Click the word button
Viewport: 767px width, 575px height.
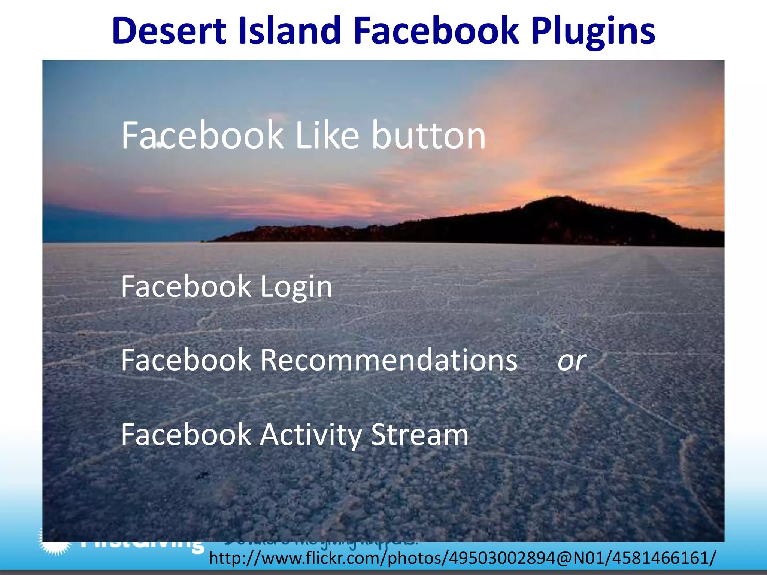tap(428, 136)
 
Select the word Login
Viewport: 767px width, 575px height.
tap(296, 287)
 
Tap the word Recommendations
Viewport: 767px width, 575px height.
tap(389, 360)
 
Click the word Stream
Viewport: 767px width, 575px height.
tap(419, 435)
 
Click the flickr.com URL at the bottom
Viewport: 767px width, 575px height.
tap(462, 558)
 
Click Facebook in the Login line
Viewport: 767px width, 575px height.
tap(186, 287)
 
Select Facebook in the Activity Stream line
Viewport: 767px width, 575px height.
tap(186, 435)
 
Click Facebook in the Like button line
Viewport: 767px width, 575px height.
tap(202, 136)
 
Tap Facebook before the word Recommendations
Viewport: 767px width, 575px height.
tap(186, 360)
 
